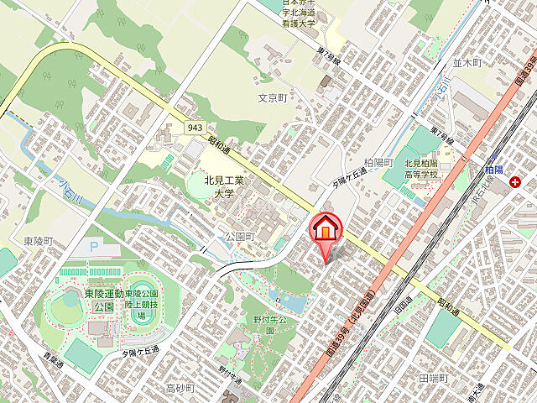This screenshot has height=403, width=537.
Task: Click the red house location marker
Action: click(326, 229)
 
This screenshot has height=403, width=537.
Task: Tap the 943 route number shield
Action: click(196, 127)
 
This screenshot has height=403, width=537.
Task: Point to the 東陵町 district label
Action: click(39, 241)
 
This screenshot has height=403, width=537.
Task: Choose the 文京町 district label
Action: click(273, 98)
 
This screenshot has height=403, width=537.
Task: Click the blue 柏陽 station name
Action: click(494, 169)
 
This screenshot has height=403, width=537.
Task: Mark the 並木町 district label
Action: click(468, 63)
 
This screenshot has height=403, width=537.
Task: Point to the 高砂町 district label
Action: click(180, 388)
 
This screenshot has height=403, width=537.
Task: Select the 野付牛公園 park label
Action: click(271, 325)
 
